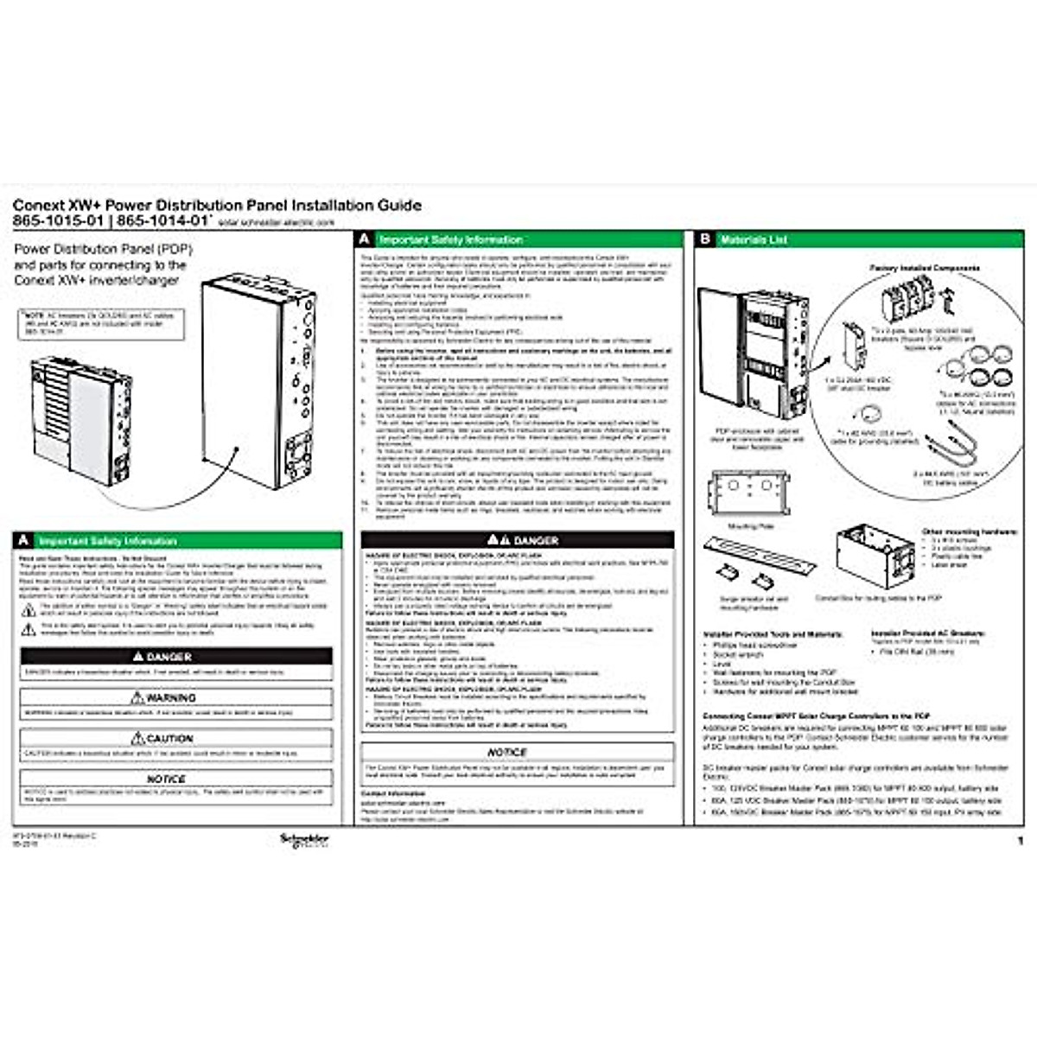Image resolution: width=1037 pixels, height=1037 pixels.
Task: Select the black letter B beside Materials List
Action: pyautogui.click(x=705, y=239)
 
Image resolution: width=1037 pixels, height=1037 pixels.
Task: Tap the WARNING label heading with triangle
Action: pyautogui.click(x=164, y=697)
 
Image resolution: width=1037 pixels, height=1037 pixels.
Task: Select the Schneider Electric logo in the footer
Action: pyautogui.click(x=304, y=840)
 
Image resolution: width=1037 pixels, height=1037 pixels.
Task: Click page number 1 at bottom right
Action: pyautogui.click(x=1020, y=840)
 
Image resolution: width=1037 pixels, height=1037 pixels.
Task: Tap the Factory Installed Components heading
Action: pyautogui.click(x=924, y=269)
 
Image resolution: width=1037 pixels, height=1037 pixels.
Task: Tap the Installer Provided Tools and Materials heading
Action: pyautogui.click(x=773, y=634)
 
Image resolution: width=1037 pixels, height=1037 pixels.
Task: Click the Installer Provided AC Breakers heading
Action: pyautogui.click(x=928, y=633)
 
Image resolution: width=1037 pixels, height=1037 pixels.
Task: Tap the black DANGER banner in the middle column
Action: pyautogui.click(x=518, y=540)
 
